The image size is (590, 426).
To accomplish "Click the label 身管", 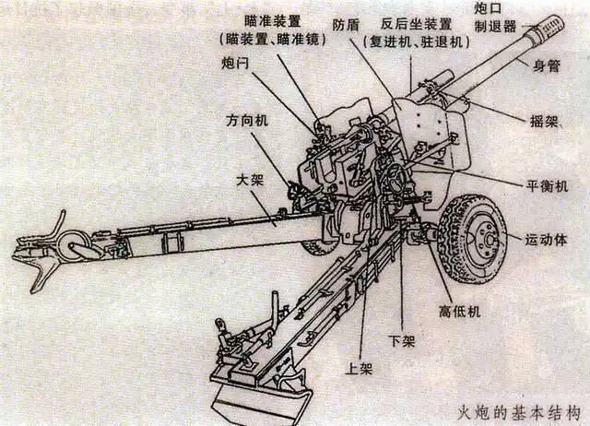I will coord(548,66).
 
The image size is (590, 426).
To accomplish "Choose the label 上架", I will coord(358,367).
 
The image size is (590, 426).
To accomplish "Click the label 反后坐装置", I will coord(416,23).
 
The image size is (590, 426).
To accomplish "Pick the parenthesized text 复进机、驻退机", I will coord(417,42).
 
